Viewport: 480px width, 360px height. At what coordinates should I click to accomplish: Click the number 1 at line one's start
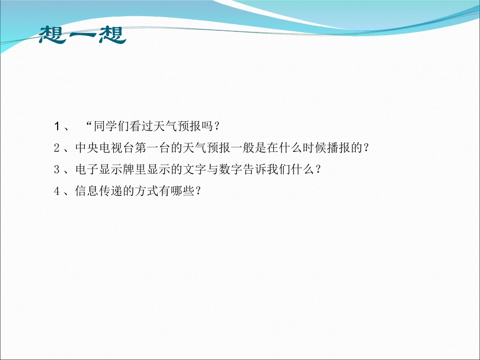pos(58,125)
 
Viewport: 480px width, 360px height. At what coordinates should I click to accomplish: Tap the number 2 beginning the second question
pos(57,147)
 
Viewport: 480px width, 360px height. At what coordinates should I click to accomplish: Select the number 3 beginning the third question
pos(57,170)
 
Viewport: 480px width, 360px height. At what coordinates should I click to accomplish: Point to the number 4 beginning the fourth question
pos(57,192)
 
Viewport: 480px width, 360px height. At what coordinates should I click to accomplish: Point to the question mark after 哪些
pos(198,192)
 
